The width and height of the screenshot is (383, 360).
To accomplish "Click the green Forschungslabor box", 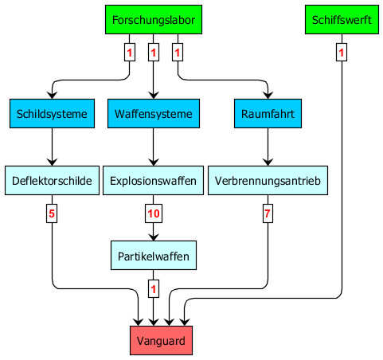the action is tap(154, 20).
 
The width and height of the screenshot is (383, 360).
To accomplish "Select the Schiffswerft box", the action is tap(342, 20).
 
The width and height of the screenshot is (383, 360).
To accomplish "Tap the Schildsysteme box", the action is tap(52, 114).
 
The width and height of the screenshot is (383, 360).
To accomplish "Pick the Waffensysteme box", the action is tap(154, 114).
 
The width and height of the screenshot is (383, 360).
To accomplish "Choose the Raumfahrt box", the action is tap(268, 114).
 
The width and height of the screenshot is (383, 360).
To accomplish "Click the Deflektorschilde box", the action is tap(52, 181).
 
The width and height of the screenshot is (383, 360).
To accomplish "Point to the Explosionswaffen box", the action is tap(153, 181).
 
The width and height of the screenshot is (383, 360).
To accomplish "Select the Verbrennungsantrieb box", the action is tap(268, 181).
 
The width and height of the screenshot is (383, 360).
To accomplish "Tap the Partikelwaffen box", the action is tap(154, 256).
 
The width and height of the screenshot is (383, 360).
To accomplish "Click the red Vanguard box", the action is tap(161, 341).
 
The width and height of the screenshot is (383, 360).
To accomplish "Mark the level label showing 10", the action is tap(154, 213).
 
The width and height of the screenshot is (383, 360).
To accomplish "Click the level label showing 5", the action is tap(52, 213).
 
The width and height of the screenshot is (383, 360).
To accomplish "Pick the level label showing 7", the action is tap(268, 213).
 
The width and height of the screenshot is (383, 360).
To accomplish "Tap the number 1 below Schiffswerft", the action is tap(342, 53).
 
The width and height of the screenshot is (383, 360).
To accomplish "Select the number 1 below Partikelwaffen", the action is tap(154, 288).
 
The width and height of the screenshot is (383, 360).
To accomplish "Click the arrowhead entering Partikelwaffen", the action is tap(154, 237).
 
